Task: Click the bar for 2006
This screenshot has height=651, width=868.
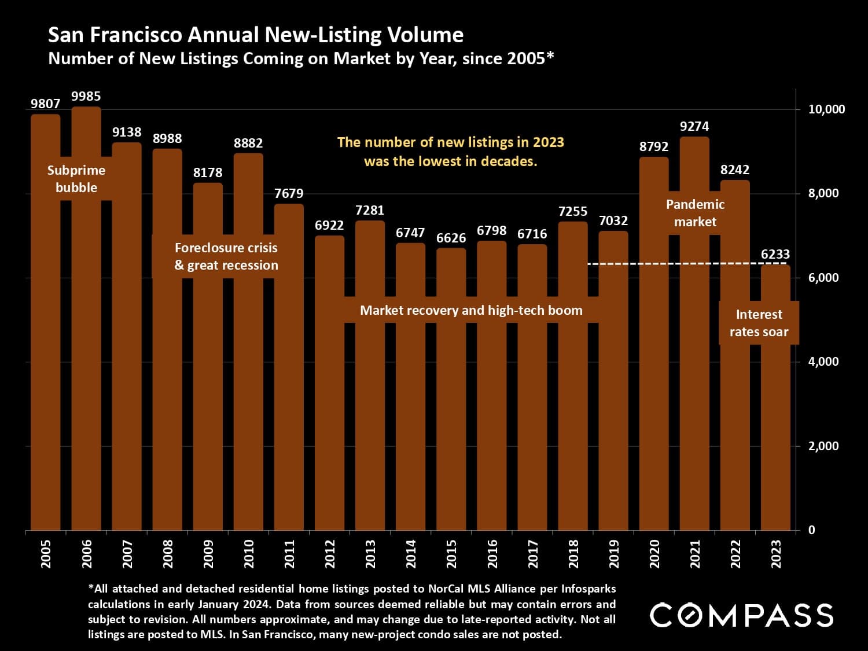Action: (x=86, y=347)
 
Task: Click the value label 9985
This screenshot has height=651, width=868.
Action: (x=86, y=97)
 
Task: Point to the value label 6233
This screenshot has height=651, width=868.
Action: (x=775, y=254)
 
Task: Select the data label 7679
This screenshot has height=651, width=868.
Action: (x=289, y=193)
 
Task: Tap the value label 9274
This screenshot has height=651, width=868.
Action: (x=694, y=126)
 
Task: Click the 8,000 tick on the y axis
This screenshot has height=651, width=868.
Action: (x=823, y=193)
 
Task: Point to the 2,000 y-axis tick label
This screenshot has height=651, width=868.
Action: (x=823, y=446)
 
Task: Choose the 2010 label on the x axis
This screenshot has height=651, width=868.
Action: (x=249, y=553)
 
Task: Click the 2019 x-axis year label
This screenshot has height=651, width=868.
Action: (x=614, y=553)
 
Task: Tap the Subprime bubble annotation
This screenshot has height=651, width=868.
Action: (x=76, y=179)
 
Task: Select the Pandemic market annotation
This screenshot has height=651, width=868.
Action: (x=695, y=213)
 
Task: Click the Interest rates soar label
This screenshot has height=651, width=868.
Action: (x=759, y=323)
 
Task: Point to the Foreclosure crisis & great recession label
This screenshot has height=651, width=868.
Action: (x=226, y=256)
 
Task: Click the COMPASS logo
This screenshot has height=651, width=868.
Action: (x=741, y=615)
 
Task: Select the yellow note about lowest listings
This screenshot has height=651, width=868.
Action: (x=450, y=152)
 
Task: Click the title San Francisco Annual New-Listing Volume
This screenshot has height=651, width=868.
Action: (x=256, y=35)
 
